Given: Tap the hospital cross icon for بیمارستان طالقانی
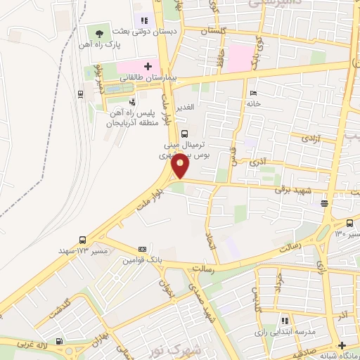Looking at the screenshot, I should [x=148, y=67].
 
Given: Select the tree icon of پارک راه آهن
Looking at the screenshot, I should [x=98, y=33].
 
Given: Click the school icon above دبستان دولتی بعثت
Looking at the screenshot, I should [x=144, y=21].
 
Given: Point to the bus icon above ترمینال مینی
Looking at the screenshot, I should [x=184, y=134].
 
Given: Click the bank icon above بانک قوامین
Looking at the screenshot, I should [x=143, y=250].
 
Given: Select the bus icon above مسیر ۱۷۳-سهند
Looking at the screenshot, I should [x=84, y=240].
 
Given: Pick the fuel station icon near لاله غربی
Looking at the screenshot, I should [x=68, y=348].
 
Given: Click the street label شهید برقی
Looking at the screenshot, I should [x=288, y=189].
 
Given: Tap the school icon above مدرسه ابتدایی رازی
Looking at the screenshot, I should [x=285, y=321].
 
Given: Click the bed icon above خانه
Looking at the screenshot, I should [x=253, y=94].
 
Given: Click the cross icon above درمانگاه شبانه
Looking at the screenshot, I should [x=342, y=345].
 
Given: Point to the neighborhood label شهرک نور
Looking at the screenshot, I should [x=197, y=349].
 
